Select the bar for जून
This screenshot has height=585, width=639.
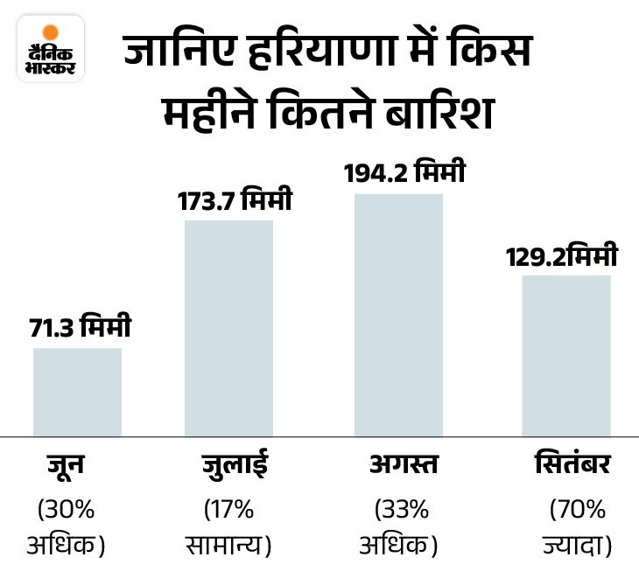point(77,392)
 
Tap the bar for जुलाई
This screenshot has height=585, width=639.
point(229,328)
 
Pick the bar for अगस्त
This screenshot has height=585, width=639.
point(398,315)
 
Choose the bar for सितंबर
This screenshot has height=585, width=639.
point(566,356)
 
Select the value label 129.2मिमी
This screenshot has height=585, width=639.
point(563,257)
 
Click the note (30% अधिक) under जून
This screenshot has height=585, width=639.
point(70,527)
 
